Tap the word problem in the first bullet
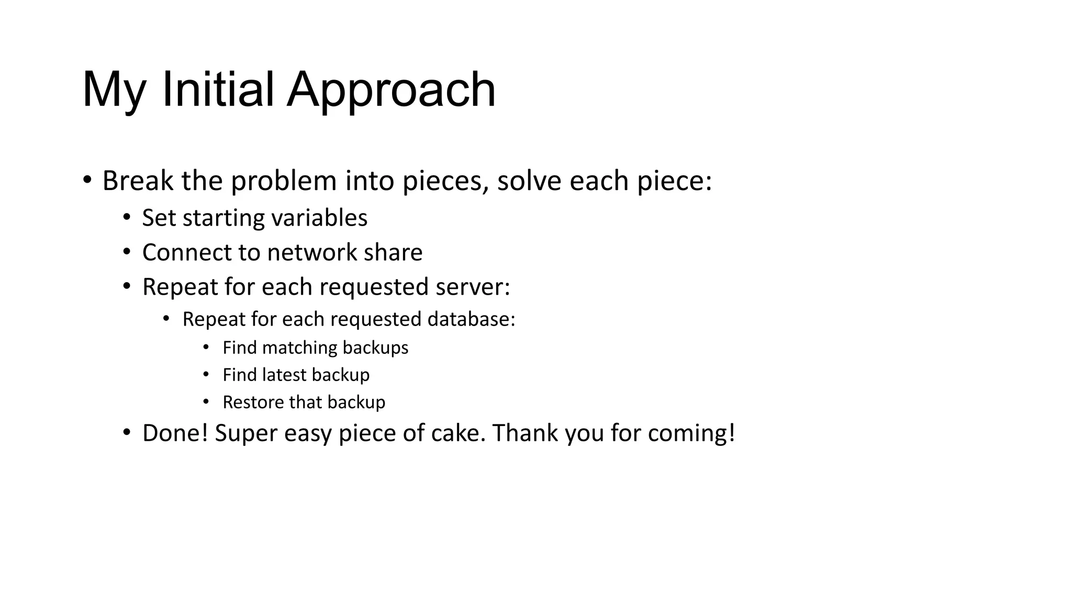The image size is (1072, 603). (x=284, y=181)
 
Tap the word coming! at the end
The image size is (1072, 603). (x=691, y=433)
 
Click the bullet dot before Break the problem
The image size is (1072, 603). (x=87, y=181)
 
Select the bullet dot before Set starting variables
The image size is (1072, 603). (x=127, y=217)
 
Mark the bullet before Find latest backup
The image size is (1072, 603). (x=206, y=374)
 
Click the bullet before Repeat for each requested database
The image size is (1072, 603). (x=166, y=318)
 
